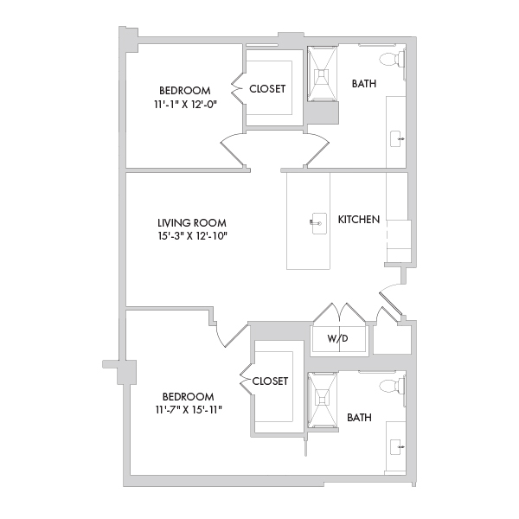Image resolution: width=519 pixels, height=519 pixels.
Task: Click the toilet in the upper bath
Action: point(392,60)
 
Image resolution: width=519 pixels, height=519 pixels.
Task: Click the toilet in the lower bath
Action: point(392,386)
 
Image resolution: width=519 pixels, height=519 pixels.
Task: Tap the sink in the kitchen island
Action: point(318,223)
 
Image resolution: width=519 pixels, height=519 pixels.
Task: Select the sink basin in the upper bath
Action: point(396,139)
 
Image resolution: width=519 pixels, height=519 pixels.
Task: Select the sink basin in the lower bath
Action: point(396,447)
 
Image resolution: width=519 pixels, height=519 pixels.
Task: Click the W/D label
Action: point(338,338)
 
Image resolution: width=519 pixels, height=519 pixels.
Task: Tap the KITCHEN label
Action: point(359,220)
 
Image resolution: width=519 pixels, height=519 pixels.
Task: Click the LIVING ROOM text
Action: point(192,223)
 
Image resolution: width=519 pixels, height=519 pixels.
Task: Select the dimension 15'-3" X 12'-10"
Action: point(193,236)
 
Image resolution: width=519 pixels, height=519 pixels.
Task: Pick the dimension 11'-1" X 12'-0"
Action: point(185,105)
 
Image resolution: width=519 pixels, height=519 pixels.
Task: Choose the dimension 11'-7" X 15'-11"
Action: point(189,410)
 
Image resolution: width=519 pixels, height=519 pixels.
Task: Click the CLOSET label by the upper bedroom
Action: point(267,89)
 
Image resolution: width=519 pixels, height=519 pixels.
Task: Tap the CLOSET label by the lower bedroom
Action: point(270,381)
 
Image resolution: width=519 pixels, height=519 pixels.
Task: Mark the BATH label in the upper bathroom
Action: point(364,84)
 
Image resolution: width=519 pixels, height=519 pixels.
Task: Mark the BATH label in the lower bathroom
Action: point(360,418)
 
